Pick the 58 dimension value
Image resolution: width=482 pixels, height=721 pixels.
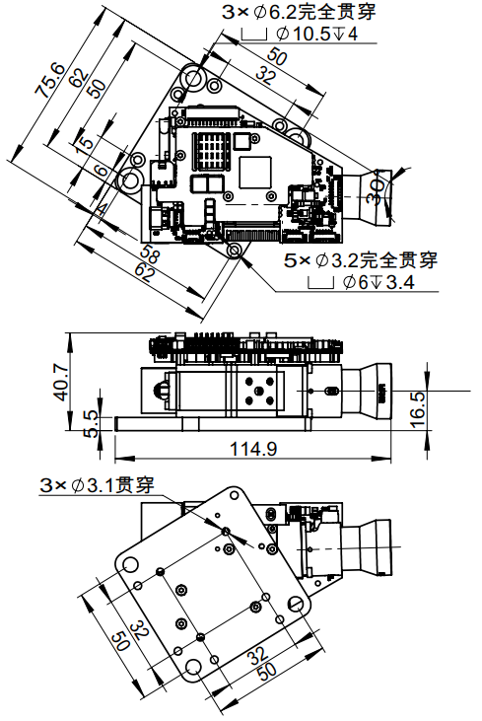(151, 255)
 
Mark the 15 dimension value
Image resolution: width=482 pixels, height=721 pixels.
(88, 145)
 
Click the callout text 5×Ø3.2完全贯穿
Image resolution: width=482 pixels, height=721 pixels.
(360, 261)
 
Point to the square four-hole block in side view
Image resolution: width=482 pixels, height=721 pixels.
(259, 393)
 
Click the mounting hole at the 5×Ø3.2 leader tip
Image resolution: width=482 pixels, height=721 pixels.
(235, 252)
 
